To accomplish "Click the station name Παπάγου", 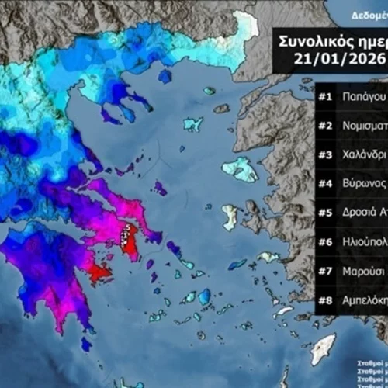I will (x=364, y=97).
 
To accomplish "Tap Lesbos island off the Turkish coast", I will (x=240, y=169).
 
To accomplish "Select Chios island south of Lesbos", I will (x=230, y=217).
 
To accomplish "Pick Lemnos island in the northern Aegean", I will (x=192, y=123).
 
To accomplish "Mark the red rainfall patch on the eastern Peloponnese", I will (x=99, y=272).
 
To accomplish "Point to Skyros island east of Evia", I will (x=160, y=188).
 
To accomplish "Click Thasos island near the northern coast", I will (x=165, y=76).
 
